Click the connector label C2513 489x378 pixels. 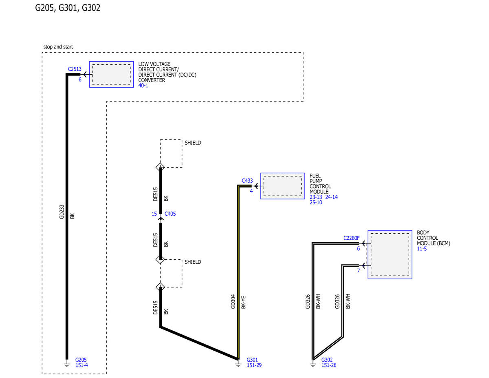[75, 69]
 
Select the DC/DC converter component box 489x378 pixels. [111, 74]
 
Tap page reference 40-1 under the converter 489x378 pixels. [143, 86]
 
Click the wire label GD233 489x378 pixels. [62, 212]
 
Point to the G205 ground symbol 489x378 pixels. [67, 365]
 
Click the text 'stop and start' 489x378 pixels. [58, 47]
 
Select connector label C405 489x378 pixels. [170, 214]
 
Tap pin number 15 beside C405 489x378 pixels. [154, 214]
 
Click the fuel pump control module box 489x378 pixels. [283, 186]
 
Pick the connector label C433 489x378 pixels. [247, 181]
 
